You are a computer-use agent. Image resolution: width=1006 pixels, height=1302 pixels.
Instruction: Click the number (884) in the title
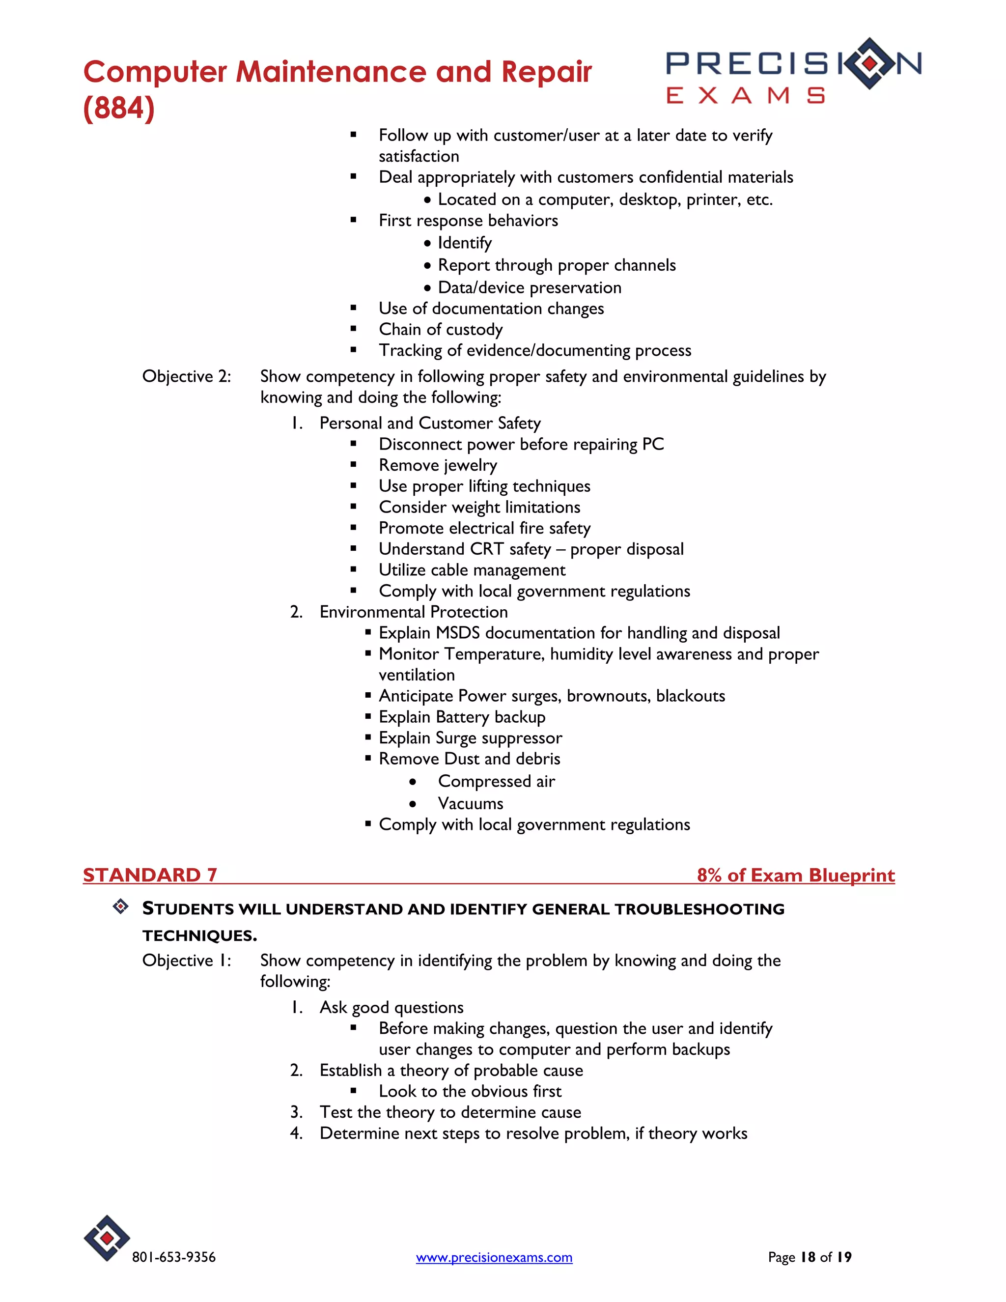pyautogui.click(x=119, y=108)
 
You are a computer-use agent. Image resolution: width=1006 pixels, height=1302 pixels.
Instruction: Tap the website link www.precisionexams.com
pyautogui.click(x=494, y=1257)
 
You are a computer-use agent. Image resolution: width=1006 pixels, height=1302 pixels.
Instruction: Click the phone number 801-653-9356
pyautogui.click(x=173, y=1257)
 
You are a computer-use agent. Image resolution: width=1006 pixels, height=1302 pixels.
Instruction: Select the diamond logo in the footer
pyautogui.click(x=107, y=1238)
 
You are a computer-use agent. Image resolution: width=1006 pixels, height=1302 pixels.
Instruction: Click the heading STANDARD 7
pyautogui.click(x=150, y=875)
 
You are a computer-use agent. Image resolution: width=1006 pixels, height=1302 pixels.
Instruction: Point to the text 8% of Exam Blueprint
pyautogui.click(x=796, y=875)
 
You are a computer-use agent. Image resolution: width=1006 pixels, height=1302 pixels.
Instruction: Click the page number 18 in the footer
pyautogui.click(x=808, y=1257)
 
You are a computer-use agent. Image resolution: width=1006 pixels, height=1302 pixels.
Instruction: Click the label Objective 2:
pyautogui.click(x=186, y=377)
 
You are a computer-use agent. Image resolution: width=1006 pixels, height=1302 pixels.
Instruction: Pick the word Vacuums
pyautogui.click(x=470, y=804)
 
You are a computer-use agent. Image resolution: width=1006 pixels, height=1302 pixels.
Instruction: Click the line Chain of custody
pyautogui.click(x=441, y=330)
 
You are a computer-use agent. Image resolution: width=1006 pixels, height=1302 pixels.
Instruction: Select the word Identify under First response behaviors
pyautogui.click(x=464, y=243)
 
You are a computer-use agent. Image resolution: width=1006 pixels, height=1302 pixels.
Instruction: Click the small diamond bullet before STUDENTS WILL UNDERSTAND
pyautogui.click(x=120, y=907)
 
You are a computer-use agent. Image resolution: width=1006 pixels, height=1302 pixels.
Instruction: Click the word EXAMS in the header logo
pyautogui.click(x=745, y=96)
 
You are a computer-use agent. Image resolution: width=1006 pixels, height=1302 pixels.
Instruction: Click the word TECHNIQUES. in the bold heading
pyautogui.click(x=199, y=935)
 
